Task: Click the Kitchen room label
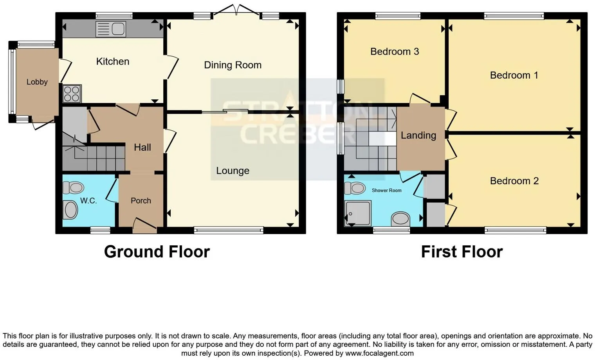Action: click(113, 61)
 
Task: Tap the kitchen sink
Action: click(110, 29)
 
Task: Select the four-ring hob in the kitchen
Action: click(72, 94)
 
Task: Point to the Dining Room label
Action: click(233, 65)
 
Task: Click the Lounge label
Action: click(233, 171)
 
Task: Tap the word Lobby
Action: click(37, 82)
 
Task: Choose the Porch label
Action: click(141, 201)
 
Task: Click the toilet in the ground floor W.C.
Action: click(73, 188)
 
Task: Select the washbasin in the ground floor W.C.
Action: click(70, 210)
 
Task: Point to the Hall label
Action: click(142, 148)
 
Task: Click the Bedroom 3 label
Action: click(395, 52)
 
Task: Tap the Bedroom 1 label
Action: click(514, 76)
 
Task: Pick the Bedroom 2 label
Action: click(514, 181)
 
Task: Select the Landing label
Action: click(418, 136)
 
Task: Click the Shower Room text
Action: click(386, 190)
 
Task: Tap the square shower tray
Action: click(358, 213)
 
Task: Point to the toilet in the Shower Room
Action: click(355, 188)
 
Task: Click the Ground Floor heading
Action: click(157, 252)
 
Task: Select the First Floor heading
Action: click(462, 252)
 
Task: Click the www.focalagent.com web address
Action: click(379, 353)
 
